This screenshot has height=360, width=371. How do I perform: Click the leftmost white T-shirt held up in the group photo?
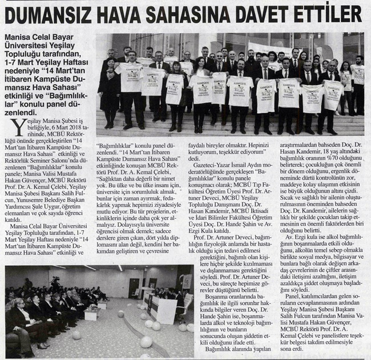(130, 76)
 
